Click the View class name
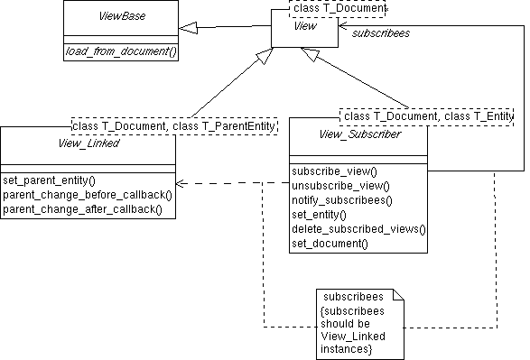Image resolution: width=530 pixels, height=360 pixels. pyautogui.click(x=304, y=26)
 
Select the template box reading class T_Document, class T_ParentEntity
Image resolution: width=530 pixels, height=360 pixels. pyautogui.click(x=174, y=125)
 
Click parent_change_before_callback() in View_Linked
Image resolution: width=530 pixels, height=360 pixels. pyautogui.click(x=87, y=194)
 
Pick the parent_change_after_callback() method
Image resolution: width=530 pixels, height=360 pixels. pyautogui.click(x=82, y=208)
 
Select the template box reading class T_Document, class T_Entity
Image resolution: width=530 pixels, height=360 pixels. pyautogui.click(x=427, y=115)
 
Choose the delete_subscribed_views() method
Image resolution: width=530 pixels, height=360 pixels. pyautogui.click(x=358, y=228)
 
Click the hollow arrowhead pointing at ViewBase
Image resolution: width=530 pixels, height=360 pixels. pyautogui.click(x=188, y=28)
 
